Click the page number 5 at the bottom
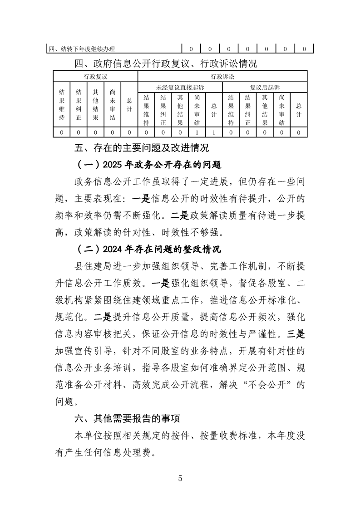click(180, 479)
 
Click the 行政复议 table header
click(95, 76)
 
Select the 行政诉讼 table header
click(222, 76)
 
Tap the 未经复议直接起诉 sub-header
click(180, 87)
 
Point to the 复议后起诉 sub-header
click(265, 87)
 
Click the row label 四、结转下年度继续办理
click(82, 49)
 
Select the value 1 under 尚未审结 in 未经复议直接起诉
click(197, 132)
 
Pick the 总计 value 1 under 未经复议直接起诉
click(214, 132)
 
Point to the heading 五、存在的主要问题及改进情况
click(142, 148)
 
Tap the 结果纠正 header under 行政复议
click(79, 105)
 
